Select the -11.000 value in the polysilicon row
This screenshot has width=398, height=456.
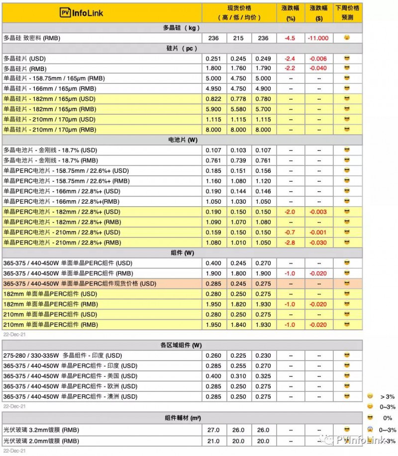pyautogui.click(x=319, y=38)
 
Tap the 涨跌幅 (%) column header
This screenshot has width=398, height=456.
pyautogui.click(x=291, y=12)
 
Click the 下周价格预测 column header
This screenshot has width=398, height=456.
pyautogui.click(x=347, y=12)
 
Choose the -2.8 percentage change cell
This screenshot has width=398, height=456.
pyautogui.click(x=291, y=242)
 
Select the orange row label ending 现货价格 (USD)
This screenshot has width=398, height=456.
pyautogui.click(x=80, y=284)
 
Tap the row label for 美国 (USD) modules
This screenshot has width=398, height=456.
pyautogui.click(x=70, y=376)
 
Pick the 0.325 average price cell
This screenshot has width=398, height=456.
pyautogui.click(x=264, y=376)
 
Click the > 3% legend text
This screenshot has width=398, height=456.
pyautogui.click(x=388, y=396)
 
